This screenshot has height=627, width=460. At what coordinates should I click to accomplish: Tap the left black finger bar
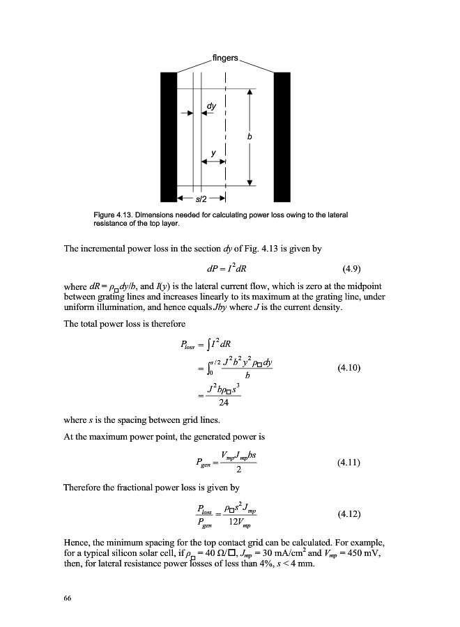(168, 137)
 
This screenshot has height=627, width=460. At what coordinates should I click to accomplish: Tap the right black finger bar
(282, 137)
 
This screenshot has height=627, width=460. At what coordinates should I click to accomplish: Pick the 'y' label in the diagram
(213, 152)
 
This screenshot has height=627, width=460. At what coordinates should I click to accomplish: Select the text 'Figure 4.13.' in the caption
(114, 215)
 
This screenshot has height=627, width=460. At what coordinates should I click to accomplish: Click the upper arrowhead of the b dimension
(250, 93)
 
